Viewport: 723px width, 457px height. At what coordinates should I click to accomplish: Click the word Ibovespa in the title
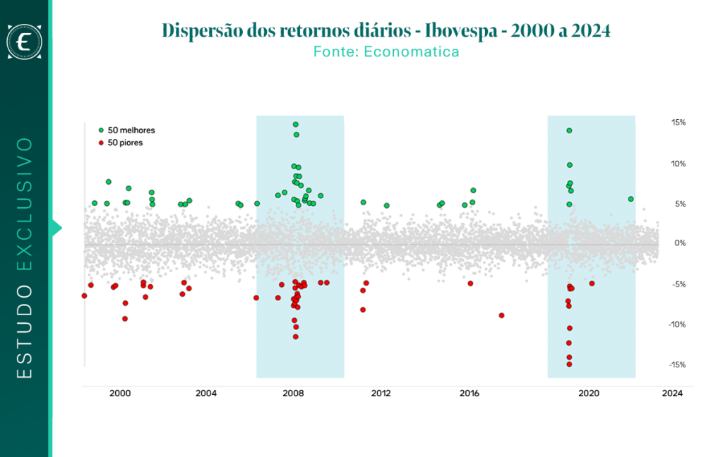461,31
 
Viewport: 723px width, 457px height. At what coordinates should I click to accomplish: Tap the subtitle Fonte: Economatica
386,51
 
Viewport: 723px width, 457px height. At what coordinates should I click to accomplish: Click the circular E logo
25,42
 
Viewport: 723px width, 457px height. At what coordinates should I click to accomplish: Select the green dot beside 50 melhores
101,130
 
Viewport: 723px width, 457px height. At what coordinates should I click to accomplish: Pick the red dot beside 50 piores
101,142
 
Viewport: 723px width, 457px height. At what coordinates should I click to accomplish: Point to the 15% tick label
679,123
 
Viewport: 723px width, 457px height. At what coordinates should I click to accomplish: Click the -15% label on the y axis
677,365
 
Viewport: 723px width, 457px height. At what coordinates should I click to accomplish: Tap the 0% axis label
680,243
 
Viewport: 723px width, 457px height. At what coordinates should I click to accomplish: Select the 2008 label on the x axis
293,394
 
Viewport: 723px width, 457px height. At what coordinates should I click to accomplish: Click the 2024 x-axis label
672,394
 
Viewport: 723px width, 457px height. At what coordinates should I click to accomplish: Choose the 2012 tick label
381,394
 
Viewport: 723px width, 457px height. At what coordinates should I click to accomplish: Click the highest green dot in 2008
296,124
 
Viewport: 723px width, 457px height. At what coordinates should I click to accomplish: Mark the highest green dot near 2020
570,131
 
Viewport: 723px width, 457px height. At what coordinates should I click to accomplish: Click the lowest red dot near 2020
570,365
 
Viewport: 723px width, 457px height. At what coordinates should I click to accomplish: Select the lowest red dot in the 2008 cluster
296,337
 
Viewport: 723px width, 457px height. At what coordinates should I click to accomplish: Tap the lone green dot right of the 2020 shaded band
631,199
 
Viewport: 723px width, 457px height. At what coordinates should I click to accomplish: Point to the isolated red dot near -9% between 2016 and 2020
502,315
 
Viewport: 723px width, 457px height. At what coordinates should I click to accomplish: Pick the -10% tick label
677,325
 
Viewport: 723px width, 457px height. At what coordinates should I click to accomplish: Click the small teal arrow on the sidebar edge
56,228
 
